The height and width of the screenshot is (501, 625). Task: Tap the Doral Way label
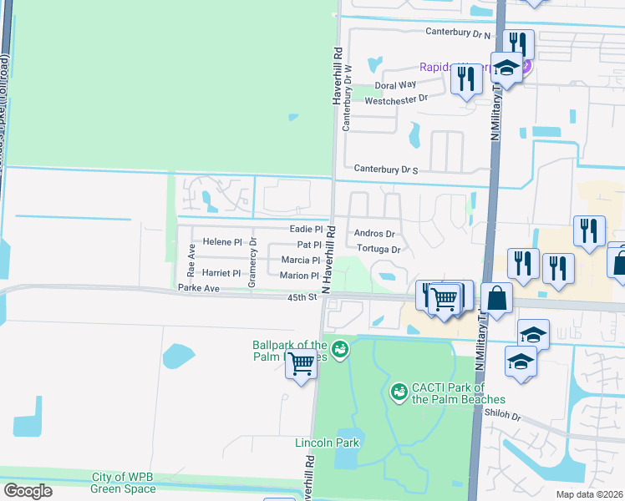[395, 85]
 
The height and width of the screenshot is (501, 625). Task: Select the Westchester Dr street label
[396, 98]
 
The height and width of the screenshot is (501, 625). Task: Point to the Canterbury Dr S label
[385, 169]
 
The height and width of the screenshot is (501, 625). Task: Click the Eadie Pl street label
[306, 229]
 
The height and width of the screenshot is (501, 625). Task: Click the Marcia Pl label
[300, 261]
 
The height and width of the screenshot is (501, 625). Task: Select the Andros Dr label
[374, 234]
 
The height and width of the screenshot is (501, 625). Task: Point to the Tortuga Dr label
[379, 249]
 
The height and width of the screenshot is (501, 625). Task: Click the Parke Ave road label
[198, 288]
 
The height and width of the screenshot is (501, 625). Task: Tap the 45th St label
[303, 296]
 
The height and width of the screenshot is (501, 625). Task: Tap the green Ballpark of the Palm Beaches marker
[340, 349]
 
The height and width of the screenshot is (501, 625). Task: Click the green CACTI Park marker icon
[399, 390]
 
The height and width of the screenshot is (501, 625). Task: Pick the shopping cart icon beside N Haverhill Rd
[301, 363]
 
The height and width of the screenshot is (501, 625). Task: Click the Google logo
[28, 491]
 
